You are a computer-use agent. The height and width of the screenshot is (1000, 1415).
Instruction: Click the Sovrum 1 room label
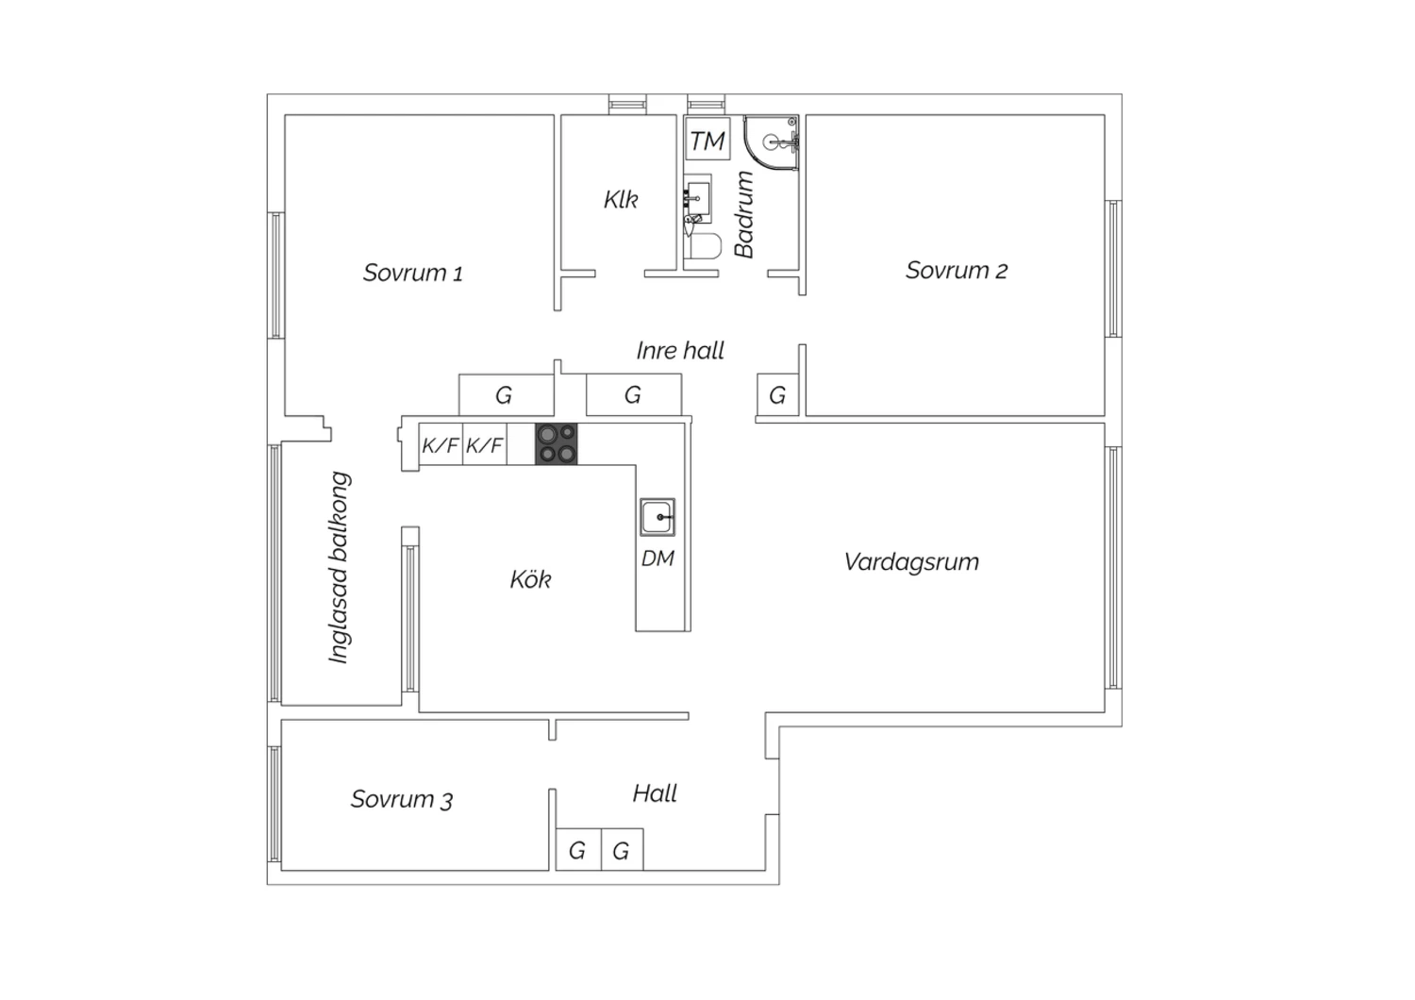click(412, 273)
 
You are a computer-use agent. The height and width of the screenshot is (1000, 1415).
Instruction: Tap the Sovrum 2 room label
click(957, 271)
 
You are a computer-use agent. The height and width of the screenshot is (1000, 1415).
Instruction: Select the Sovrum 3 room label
click(402, 799)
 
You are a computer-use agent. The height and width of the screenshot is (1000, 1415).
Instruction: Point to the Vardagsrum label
click(911, 561)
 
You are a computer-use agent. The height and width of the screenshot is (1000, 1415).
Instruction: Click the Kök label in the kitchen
click(530, 578)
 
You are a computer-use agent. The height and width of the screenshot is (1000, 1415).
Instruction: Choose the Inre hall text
click(680, 351)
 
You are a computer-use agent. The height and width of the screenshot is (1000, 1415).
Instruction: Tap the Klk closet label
click(621, 200)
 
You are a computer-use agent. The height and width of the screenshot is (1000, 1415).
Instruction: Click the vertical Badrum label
click(744, 215)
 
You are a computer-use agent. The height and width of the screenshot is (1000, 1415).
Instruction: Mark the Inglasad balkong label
click(340, 567)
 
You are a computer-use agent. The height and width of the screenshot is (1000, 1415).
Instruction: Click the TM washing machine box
click(707, 139)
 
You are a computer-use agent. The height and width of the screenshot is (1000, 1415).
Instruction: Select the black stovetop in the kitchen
click(557, 444)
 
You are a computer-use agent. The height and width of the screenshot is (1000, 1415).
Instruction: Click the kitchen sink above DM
click(658, 517)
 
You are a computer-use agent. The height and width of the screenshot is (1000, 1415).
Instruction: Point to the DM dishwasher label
click(658, 558)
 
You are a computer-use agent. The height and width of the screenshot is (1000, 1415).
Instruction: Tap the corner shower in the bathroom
click(772, 143)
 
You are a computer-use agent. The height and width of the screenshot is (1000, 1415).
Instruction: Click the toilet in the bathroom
click(703, 245)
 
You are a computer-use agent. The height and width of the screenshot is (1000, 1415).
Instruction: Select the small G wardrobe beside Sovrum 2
click(777, 395)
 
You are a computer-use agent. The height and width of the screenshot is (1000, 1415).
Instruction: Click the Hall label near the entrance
click(655, 793)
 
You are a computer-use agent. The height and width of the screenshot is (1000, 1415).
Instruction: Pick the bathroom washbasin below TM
click(697, 199)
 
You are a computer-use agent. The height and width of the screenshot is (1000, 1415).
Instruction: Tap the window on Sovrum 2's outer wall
click(1114, 269)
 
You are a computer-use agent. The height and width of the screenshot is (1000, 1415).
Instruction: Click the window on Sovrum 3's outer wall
click(275, 804)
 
